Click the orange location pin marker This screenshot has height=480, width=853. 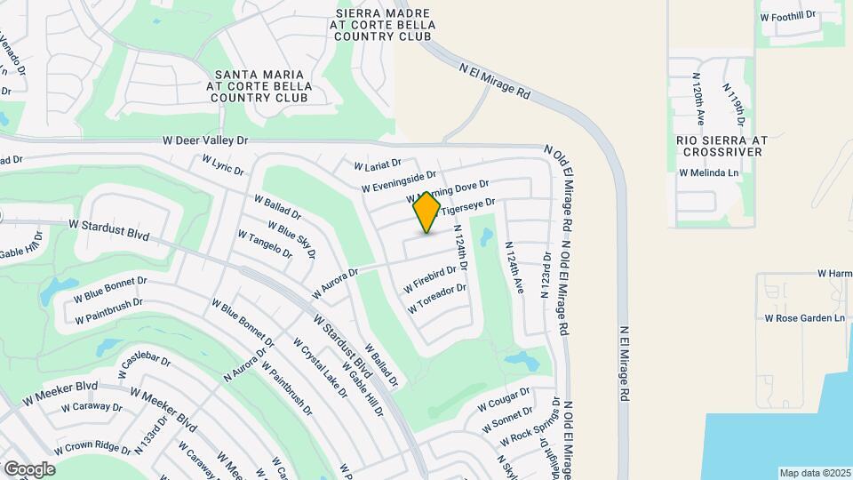(x=427, y=212)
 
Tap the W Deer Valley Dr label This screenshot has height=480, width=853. (x=205, y=140)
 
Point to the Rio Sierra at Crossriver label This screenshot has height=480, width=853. (x=721, y=146)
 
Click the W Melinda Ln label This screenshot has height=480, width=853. (x=708, y=172)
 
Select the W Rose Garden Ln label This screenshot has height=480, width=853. (x=804, y=317)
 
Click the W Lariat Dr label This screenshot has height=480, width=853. (x=378, y=166)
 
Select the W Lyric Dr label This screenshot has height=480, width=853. (x=222, y=164)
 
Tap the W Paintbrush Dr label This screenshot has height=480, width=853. (x=108, y=311)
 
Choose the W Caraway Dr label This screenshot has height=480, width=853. (x=92, y=407)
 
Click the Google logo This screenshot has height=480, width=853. (x=29, y=468)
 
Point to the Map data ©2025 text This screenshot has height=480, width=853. (x=816, y=473)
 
